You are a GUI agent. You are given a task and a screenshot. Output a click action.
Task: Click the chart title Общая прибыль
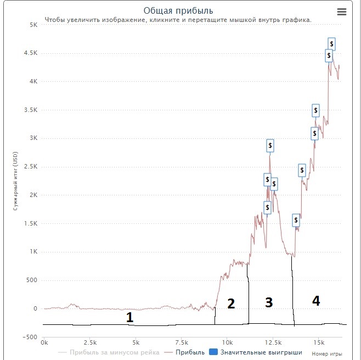click(x=178, y=10)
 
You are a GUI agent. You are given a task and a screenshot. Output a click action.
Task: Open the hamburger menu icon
click(x=341, y=12)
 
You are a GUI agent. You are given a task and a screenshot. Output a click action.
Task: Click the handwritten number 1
click(x=129, y=317)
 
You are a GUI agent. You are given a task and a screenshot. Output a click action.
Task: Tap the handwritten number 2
click(x=231, y=303)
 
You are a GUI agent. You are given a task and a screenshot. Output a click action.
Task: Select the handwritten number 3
click(x=268, y=303)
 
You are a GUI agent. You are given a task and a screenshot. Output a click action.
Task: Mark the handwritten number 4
click(x=315, y=300)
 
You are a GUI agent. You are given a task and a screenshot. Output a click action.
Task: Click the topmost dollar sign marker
click(x=331, y=43)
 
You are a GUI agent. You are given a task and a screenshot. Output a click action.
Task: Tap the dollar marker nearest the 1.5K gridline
click(x=296, y=221)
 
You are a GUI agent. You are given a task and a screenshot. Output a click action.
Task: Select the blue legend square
click(x=215, y=352)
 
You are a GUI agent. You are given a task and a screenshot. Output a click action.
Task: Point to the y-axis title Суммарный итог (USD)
click(x=16, y=181)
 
